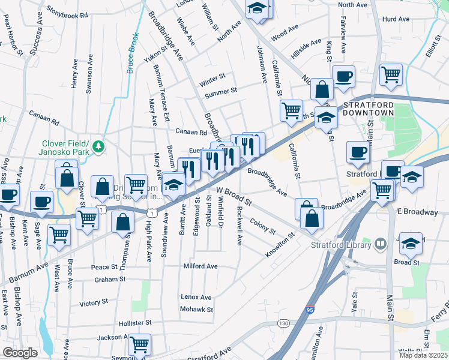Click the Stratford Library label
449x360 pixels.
pyautogui.click(x=340, y=244)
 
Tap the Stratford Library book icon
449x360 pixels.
pyautogui.click(x=379, y=244)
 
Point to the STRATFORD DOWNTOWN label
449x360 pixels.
pyautogui.click(x=368, y=107)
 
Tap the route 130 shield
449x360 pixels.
pyautogui.click(x=283, y=323)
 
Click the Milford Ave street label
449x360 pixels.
pyautogui.click(x=200, y=266)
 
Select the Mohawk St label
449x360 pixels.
pyautogui.click(x=197, y=310)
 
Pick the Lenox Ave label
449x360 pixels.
pyautogui.click(x=196, y=297)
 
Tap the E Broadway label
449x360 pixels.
pyautogui.click(x=417, y=212)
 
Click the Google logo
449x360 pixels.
pyautogui.click(x=20, y=353)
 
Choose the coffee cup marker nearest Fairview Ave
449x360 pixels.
pyautogui.click(x=343, y=77)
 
